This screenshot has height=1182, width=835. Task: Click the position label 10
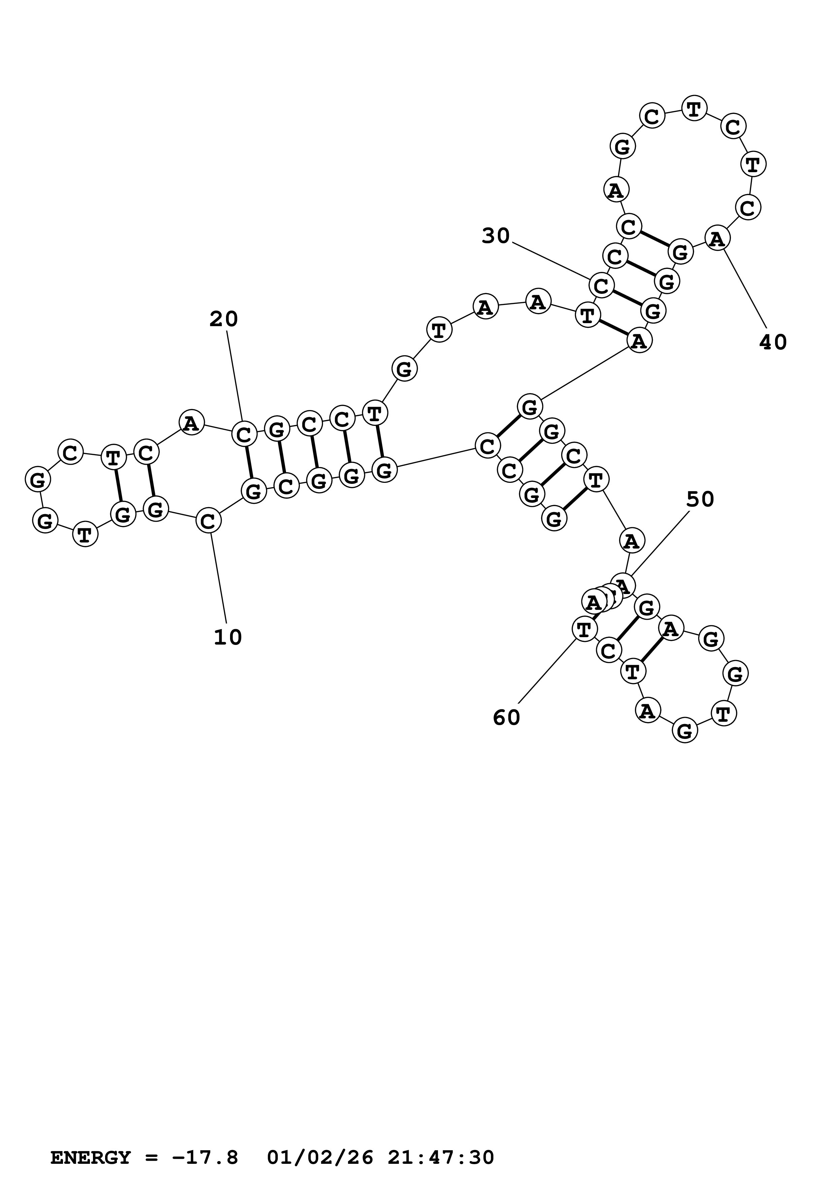[227, 638]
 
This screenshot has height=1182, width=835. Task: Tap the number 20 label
[223, 320]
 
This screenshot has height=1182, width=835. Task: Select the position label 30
[495, 236]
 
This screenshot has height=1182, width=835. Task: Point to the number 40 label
[773, 342]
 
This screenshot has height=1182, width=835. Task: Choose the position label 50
[700, 499]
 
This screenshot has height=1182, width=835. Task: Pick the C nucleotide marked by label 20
[244, 435]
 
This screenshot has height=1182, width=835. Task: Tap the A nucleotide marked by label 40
[717, 239]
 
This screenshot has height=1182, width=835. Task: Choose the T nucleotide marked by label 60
[584, 629]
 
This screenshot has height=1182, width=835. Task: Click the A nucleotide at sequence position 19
[191, 423]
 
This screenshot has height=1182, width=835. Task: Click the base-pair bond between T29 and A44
[613, 328]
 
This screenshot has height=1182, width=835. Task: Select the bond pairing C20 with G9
[249, 463]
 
